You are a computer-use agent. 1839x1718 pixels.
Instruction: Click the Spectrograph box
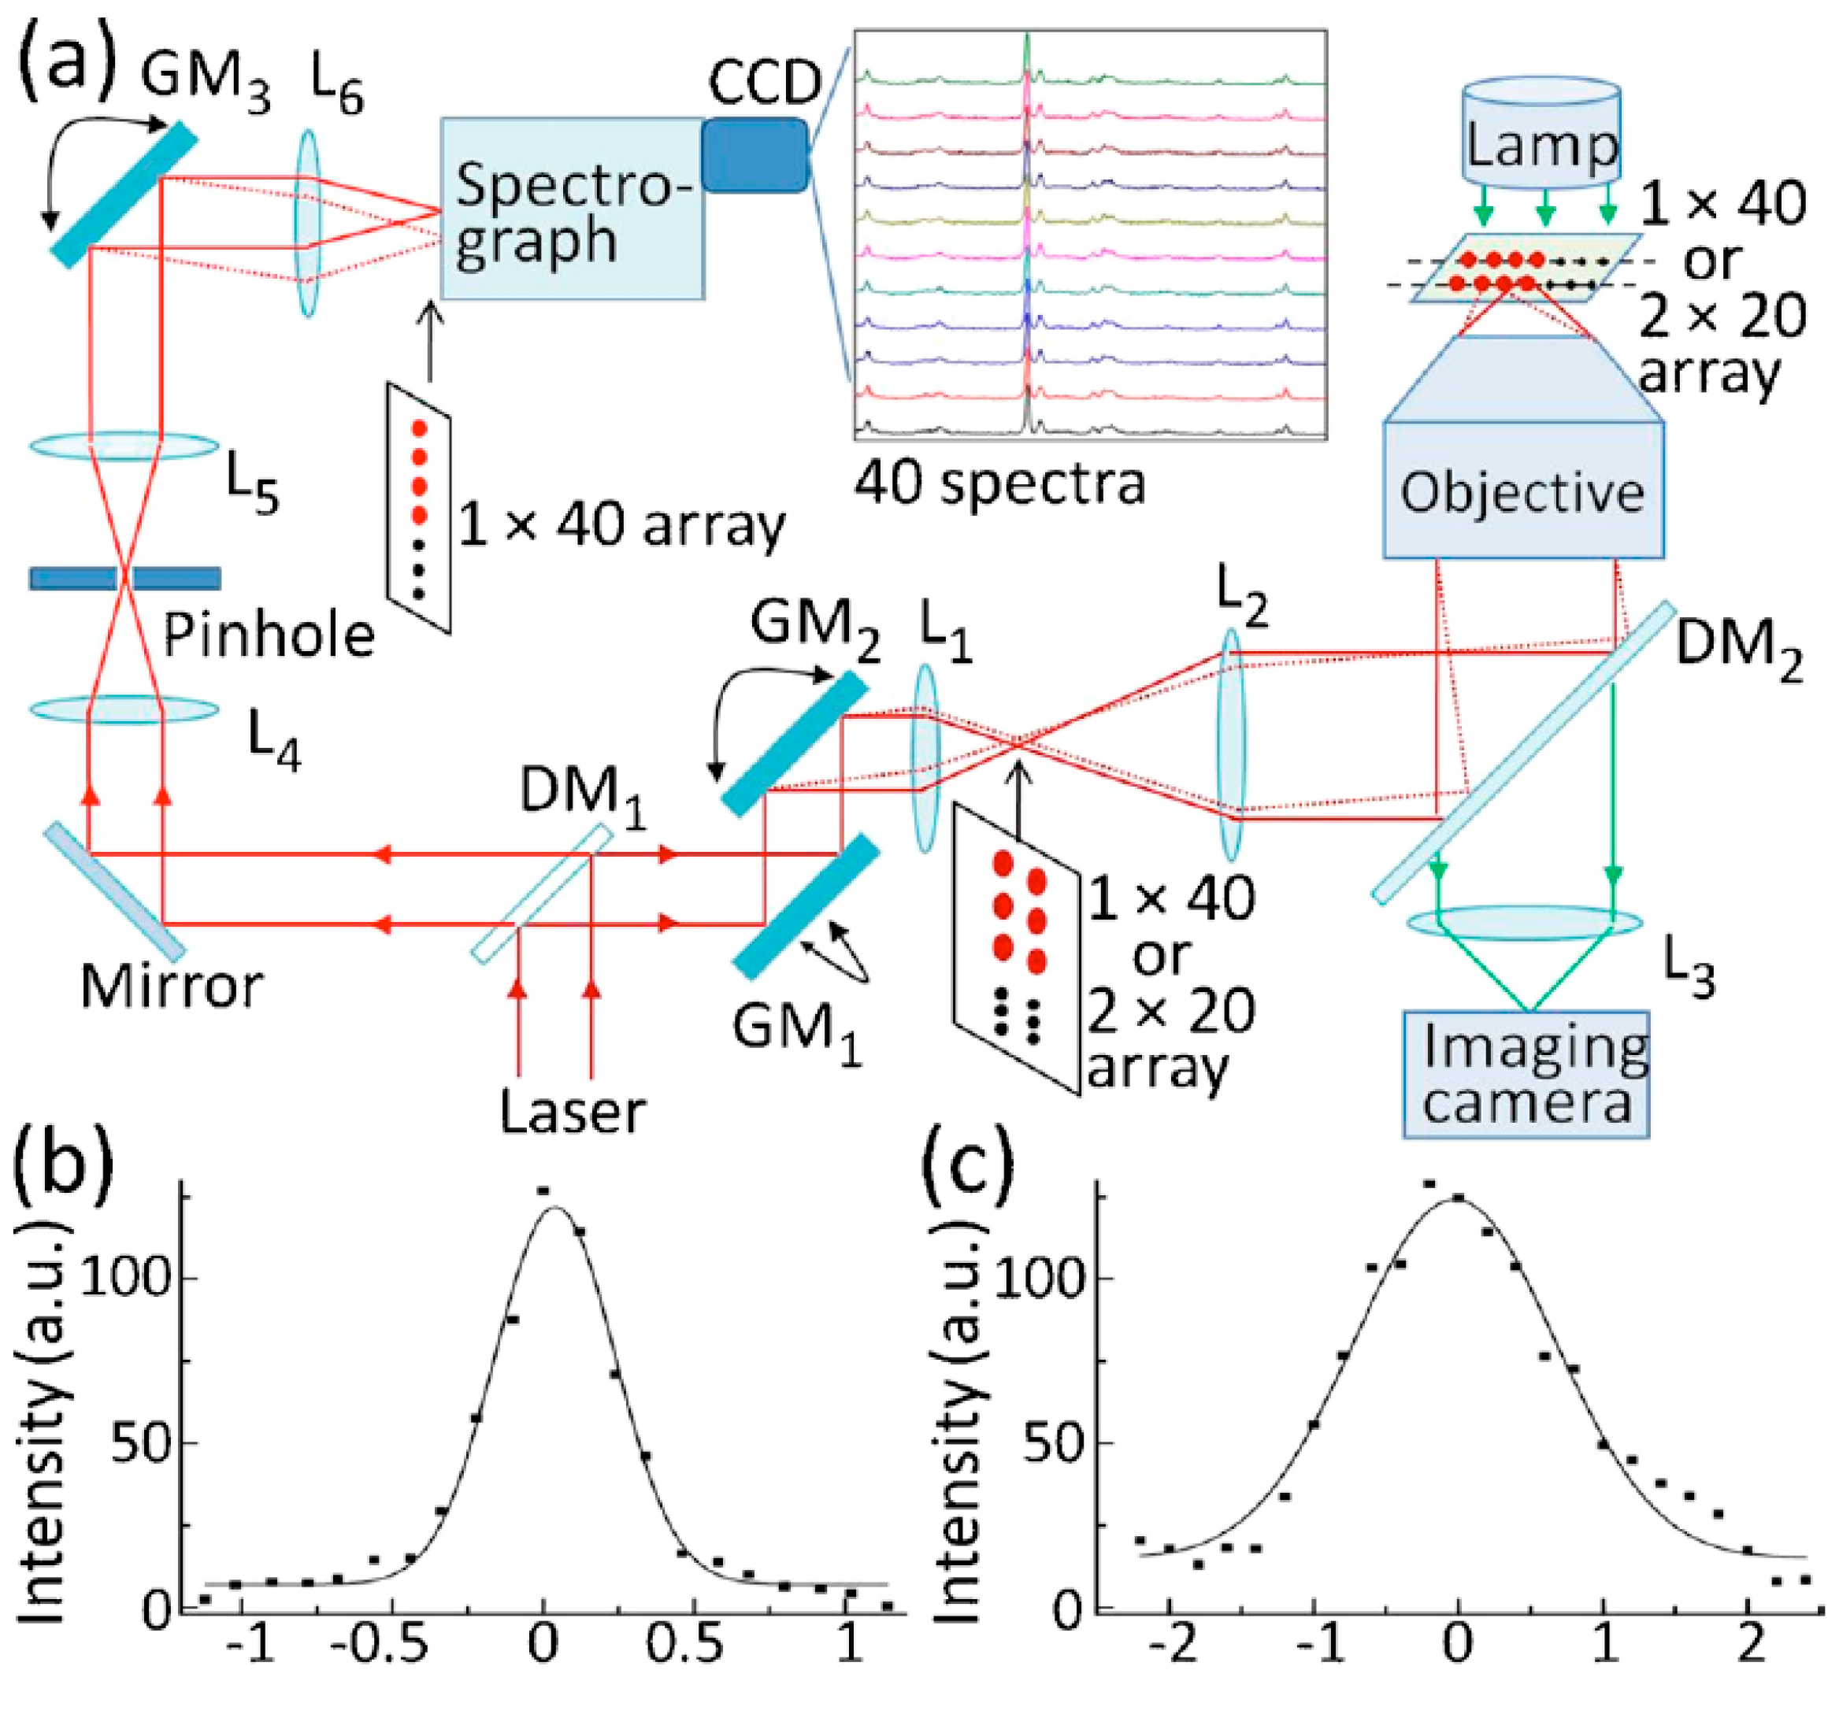(x=572, y=208)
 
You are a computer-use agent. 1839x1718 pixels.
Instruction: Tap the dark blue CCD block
(x=754, y=155)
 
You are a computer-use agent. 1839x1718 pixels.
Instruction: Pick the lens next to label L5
(x=125, y=446)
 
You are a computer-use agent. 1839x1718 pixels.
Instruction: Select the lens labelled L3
(x=1525, y=922)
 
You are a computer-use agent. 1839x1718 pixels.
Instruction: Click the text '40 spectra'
(x=999, y=483)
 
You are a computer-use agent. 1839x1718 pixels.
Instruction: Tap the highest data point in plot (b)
(x=544, y=1190)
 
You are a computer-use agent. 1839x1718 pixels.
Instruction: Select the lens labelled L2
(x=1231, y=746)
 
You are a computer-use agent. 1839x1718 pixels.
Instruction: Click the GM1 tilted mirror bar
(x=806, y=906)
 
